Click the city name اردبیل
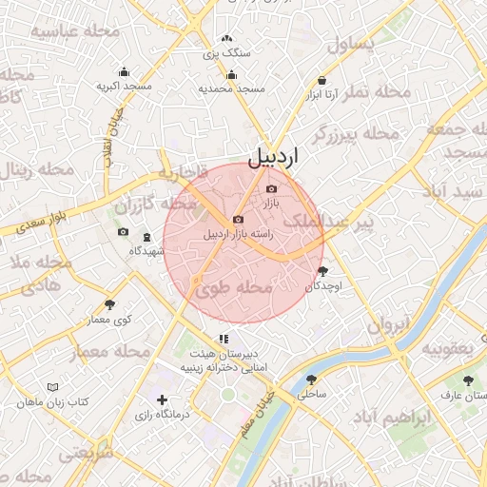(273, 157)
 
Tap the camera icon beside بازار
(271, 189)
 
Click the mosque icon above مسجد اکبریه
(124, 71)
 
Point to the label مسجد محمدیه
(231, 88)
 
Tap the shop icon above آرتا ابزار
(323, 79)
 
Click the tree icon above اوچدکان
(321, 272)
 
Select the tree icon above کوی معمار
(110, 304)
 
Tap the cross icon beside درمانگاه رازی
(163, 400)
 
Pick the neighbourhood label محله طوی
(235, 286)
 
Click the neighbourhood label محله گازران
(152, 204)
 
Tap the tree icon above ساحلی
(311, 379)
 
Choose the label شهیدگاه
(146, 251)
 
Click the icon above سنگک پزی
(226, 39)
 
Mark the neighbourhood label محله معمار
(112, 352)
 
